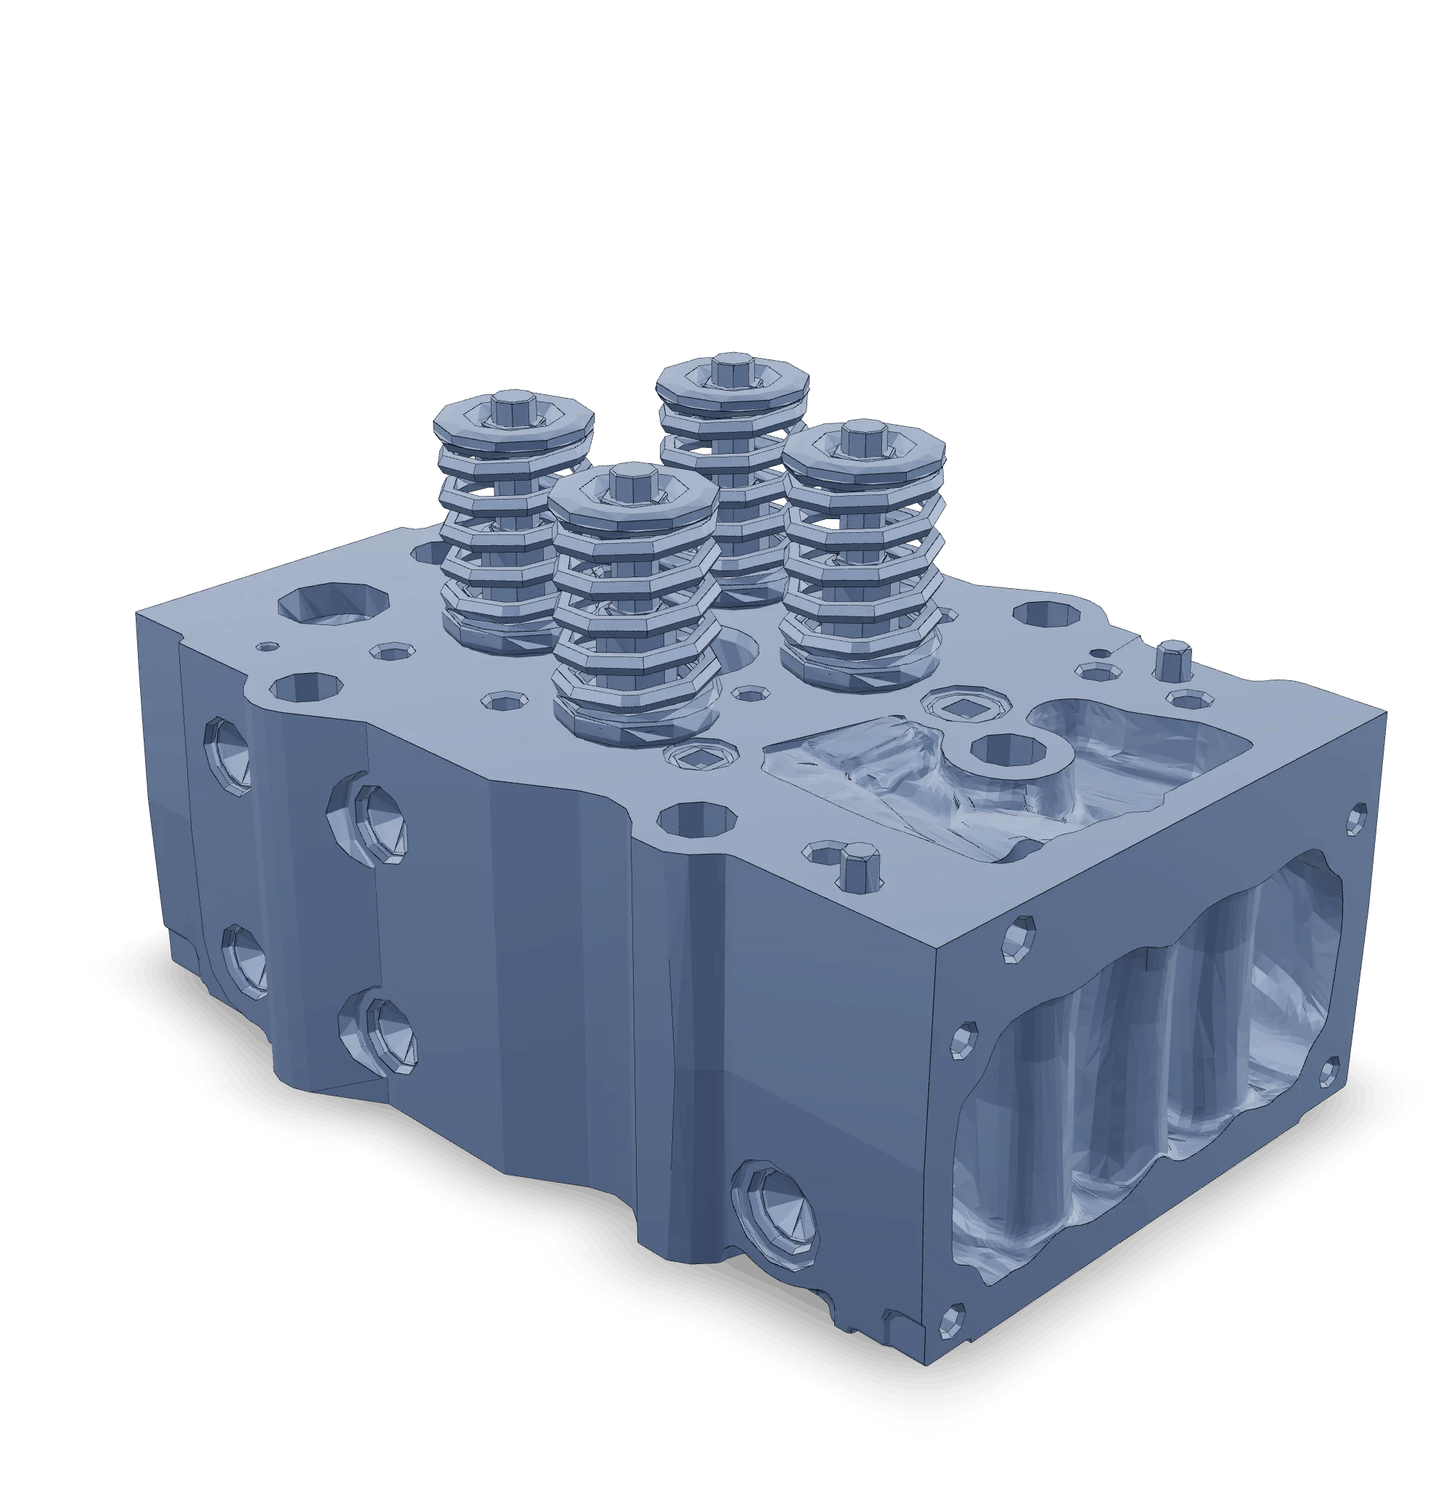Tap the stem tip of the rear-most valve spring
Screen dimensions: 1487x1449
(731, 368)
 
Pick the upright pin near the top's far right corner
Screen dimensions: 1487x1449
(1172, 659)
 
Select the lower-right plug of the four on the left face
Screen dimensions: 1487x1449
(388, 1033)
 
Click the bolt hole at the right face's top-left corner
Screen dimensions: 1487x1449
(1017, 940)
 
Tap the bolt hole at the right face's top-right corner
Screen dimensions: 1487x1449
(1356, 818)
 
